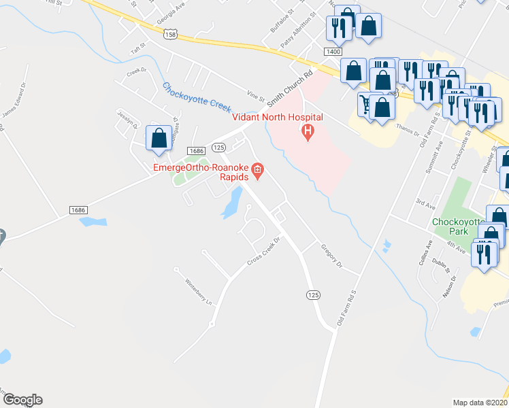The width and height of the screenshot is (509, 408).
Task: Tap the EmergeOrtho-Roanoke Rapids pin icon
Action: click(258, 169)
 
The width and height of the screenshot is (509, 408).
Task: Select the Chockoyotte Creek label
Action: click(197, 98)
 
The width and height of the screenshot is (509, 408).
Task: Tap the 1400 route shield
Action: click(333, 52)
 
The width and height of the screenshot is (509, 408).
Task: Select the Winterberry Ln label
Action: click(199, 292)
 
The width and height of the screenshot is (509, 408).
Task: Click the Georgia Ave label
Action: click(171, 16)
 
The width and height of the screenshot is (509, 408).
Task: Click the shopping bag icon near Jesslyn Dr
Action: click(159, 139)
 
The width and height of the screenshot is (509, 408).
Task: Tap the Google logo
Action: click(22, 400)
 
